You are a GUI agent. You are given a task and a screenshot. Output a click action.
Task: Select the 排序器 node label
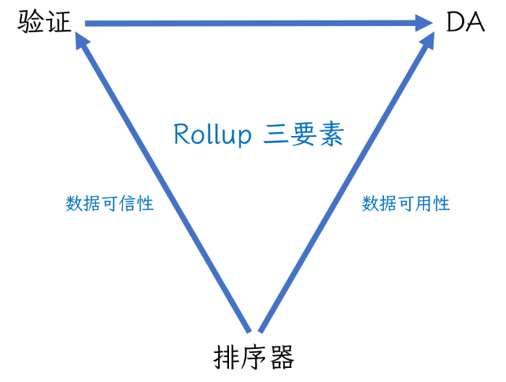[x=253, y=358]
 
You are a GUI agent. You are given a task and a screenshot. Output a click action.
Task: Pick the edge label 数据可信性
[x=109, y=204]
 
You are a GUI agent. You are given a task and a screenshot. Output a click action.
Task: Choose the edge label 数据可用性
[x=405, y=204]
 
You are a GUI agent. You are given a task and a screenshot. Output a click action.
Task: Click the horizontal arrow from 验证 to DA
[x=252, y=24]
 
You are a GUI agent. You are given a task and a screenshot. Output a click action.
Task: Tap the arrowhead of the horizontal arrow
[x=425, y=24]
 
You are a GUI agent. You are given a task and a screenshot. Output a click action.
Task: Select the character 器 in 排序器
[x=280, y=358]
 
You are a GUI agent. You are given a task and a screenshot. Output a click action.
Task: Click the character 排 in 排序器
[x=227, y=358]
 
